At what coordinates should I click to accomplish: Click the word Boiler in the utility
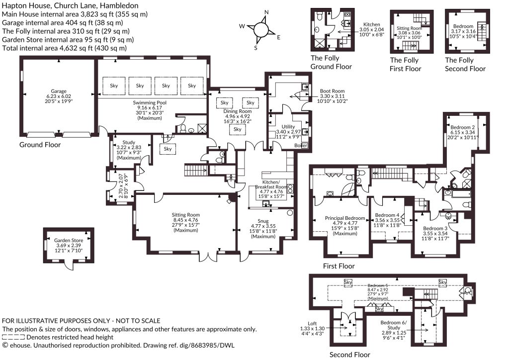click(301, 145)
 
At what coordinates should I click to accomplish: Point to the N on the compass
click(266, 12)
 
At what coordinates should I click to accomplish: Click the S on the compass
click(255, 48)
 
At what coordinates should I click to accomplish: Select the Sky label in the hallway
click(168, 149)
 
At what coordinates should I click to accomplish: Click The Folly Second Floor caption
click(465, 64)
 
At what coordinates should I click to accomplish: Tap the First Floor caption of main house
click(339, 266)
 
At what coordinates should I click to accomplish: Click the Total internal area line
click(64, 48)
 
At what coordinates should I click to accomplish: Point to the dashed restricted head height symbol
click(13, 337)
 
